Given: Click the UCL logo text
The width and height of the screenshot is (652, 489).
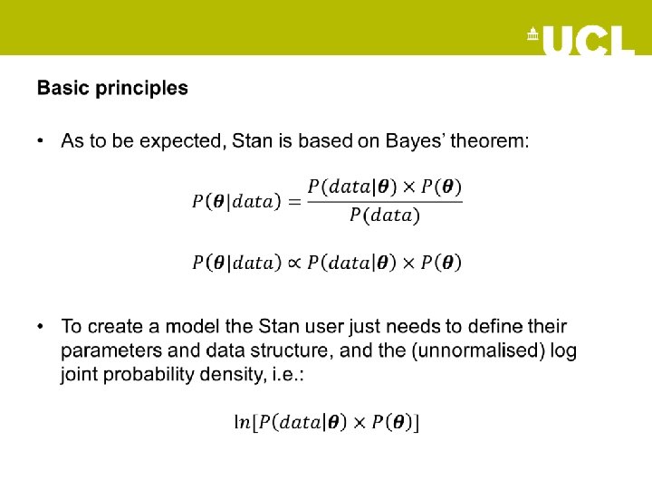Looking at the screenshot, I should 589,40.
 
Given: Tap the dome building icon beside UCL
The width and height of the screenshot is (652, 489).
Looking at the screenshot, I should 532,35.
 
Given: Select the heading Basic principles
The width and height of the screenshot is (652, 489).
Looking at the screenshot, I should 112,88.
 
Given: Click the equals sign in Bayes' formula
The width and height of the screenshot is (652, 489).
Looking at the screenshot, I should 293,201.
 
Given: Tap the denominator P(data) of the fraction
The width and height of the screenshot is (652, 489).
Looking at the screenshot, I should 385,216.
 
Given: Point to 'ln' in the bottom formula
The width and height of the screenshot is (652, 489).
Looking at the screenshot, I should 242,421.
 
